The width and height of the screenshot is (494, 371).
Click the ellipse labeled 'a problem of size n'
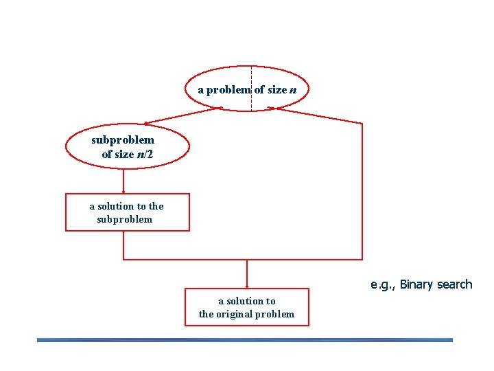tap(248, 76)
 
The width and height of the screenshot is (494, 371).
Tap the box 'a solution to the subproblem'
tap(127, 212)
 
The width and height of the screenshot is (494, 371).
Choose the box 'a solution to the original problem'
tap(246, 307)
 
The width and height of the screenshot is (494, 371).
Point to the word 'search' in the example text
tap(454, 284)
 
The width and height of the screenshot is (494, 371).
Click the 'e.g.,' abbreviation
tap(383, 285)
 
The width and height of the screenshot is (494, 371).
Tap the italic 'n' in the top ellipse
tap(293, 90)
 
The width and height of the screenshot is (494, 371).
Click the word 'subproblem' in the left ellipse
tap(123, 140)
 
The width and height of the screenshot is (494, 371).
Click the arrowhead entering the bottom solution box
tap(247, 285)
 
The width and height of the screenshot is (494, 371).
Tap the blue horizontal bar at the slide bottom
tap(245, 339)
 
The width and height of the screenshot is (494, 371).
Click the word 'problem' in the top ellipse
tap(229, 90)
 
